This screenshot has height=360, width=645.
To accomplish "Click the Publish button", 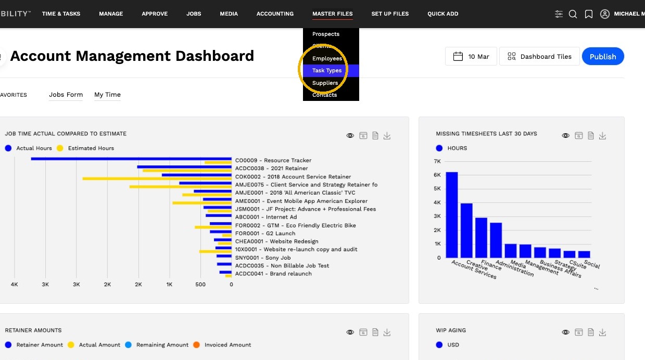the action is (603, 56).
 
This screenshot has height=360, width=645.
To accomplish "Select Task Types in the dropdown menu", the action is (327, 71).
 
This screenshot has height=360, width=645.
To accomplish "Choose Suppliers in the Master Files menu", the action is (325, 83).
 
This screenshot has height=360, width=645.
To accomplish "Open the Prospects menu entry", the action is (326, 34).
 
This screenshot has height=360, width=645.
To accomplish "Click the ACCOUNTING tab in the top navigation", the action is (275, 14).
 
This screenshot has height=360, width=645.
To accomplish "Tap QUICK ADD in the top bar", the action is (443, 14).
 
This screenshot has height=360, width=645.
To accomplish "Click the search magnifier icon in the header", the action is (573, 14).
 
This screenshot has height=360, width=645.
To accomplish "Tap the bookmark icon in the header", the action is (589, 14).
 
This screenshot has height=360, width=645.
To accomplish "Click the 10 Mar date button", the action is (471, 56).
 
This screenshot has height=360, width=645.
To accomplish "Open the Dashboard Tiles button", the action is (539, 56).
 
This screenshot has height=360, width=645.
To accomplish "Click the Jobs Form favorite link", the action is (66, 95).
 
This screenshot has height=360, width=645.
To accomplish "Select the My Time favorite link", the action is (107, 95).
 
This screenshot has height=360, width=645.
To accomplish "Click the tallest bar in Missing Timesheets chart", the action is (452, 215).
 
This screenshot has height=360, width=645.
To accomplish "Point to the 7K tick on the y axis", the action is (437, 161).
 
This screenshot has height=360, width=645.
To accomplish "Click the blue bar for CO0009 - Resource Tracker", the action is (131, 159).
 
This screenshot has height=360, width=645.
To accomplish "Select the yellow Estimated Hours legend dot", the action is (60, 148).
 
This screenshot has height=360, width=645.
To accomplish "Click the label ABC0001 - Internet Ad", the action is (266, 217).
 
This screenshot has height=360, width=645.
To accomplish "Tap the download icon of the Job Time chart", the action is (387, 136).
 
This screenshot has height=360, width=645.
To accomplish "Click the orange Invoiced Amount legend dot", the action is (196, 345).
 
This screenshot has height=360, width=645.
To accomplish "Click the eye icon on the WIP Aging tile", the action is (565, 332).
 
